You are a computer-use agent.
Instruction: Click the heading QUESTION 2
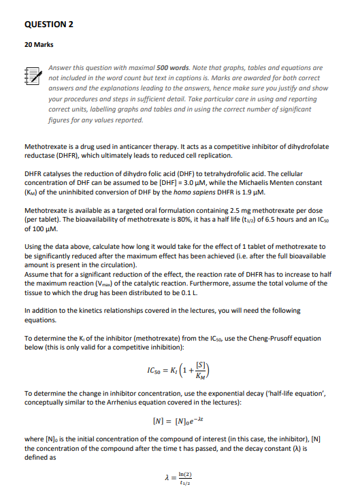[x=48, y=25]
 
